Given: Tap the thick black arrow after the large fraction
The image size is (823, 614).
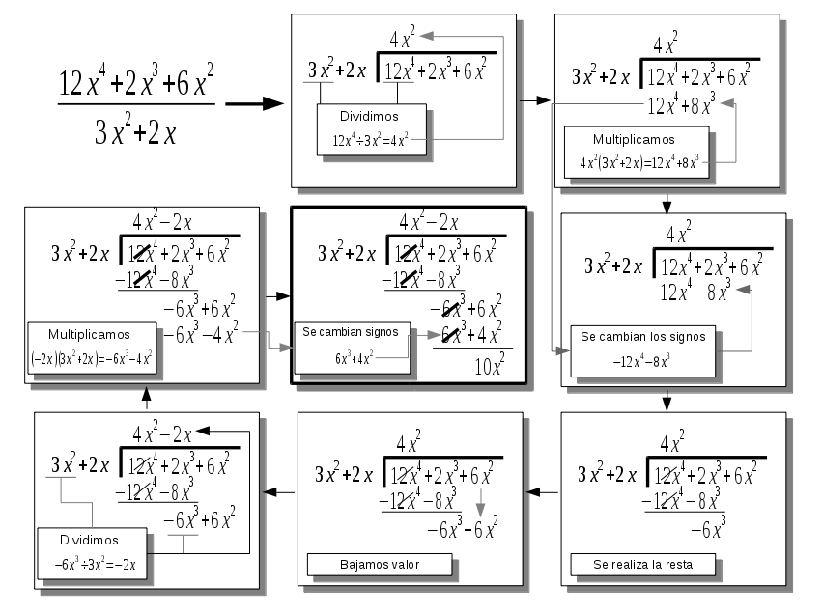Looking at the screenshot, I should click(x=254, y=104).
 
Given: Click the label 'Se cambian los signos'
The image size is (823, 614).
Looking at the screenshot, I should click(x=642, y=337).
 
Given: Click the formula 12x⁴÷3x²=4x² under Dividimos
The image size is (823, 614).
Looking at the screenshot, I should click(x=372, y=139).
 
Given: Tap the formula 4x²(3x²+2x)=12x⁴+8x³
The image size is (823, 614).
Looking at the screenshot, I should click(x=638, y=162).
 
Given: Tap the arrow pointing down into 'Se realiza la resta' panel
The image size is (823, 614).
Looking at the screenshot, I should click(x=667, y=401).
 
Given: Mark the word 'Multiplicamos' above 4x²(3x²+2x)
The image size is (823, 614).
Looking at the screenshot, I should click(x=633, y=139).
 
